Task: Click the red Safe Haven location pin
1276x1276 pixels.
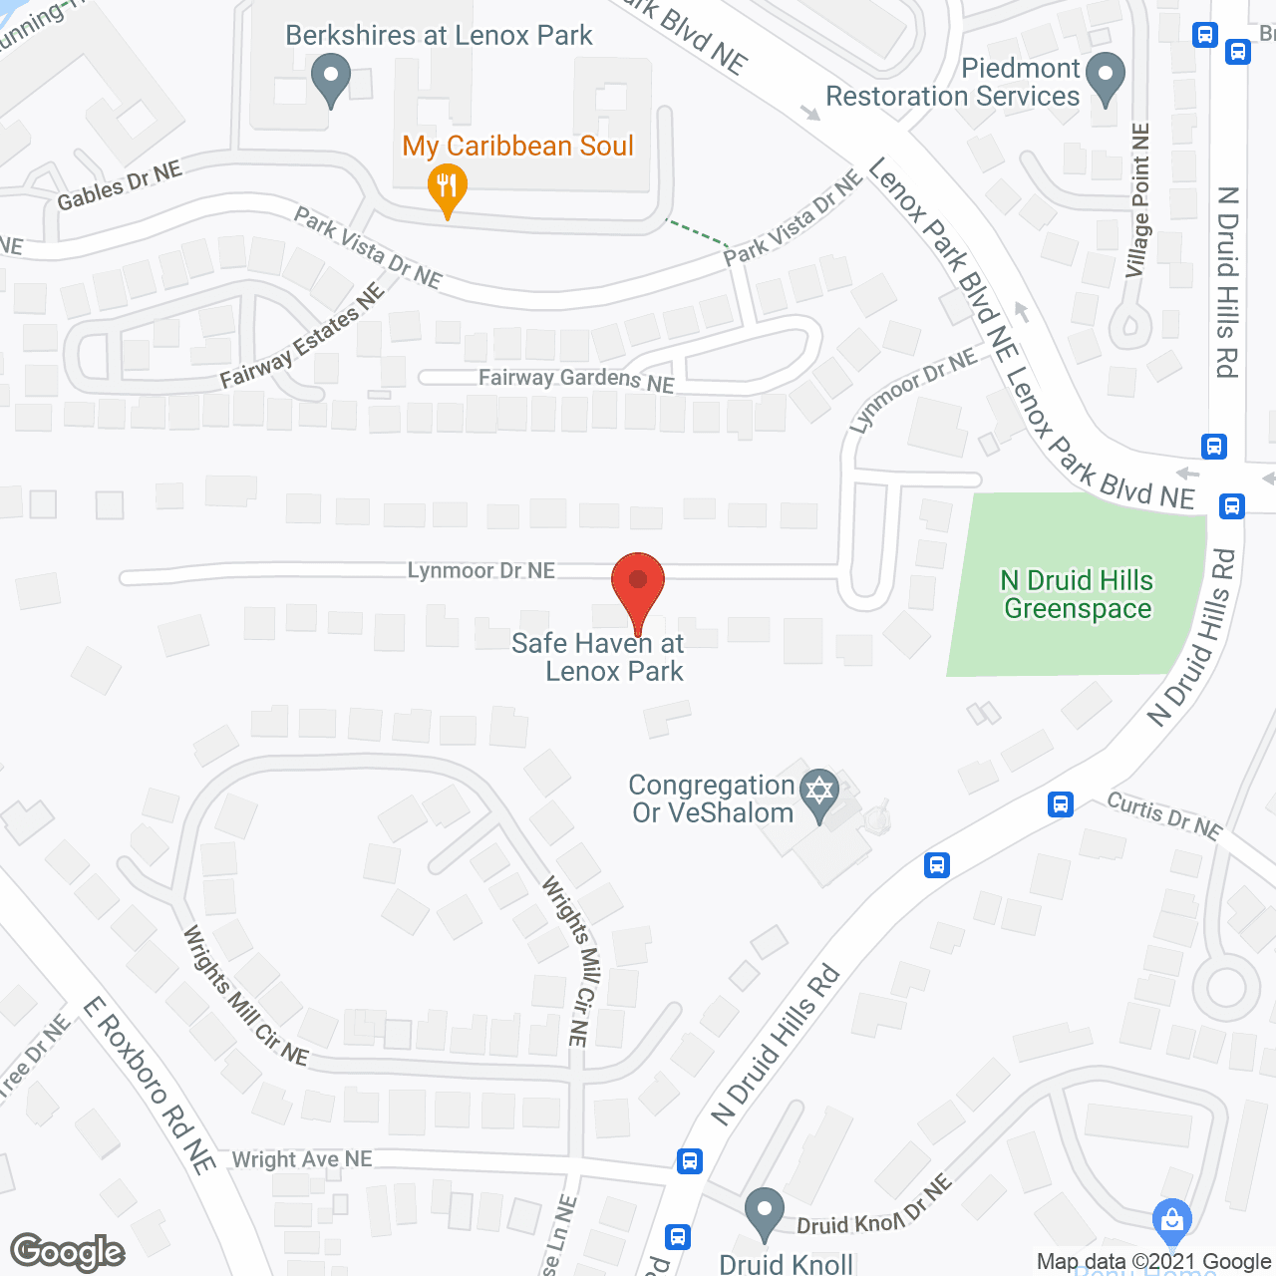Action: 638,583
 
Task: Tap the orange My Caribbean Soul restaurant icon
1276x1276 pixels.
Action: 448,186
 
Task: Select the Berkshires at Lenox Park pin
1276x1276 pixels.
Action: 330,77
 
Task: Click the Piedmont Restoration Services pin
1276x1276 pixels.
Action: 1105,77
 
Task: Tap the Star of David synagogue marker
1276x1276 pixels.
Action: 818,794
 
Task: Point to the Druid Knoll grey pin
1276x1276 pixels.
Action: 765,1212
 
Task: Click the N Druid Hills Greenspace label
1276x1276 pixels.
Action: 1077,595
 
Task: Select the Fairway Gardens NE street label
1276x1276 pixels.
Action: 576,380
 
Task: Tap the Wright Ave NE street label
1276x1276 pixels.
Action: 302,1159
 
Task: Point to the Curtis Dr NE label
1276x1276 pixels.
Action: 1164,815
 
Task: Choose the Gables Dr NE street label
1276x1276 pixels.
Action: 120,185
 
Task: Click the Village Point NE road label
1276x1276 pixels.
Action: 1137,199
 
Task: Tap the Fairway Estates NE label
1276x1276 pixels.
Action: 302,336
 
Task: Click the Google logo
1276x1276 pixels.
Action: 68,1252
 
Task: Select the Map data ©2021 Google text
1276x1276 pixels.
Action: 1153,1262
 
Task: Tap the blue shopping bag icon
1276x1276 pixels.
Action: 1171,1218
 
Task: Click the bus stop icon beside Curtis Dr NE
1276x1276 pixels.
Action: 1060,803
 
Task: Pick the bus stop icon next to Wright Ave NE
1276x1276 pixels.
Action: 689,1160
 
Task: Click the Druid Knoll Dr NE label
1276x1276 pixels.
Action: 874,1208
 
